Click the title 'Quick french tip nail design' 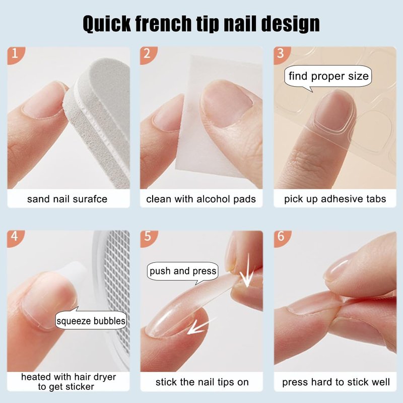[201, 24]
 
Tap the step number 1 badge [15, 54]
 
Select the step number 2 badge [148, 54]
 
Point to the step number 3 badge [282, 54]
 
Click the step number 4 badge [15, 238]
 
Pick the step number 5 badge [148, 238]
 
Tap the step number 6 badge [282, 238]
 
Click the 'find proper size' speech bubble [328, 77]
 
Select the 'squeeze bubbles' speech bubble [91, 319]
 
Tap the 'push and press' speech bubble [183, 272]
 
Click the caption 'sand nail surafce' [68, 199]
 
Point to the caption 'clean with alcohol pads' [201, 199]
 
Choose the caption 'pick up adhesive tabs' [335, 199]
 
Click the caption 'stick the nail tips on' [202, 382]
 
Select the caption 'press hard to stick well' [336, 382]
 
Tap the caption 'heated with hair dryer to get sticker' [69, 382]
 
